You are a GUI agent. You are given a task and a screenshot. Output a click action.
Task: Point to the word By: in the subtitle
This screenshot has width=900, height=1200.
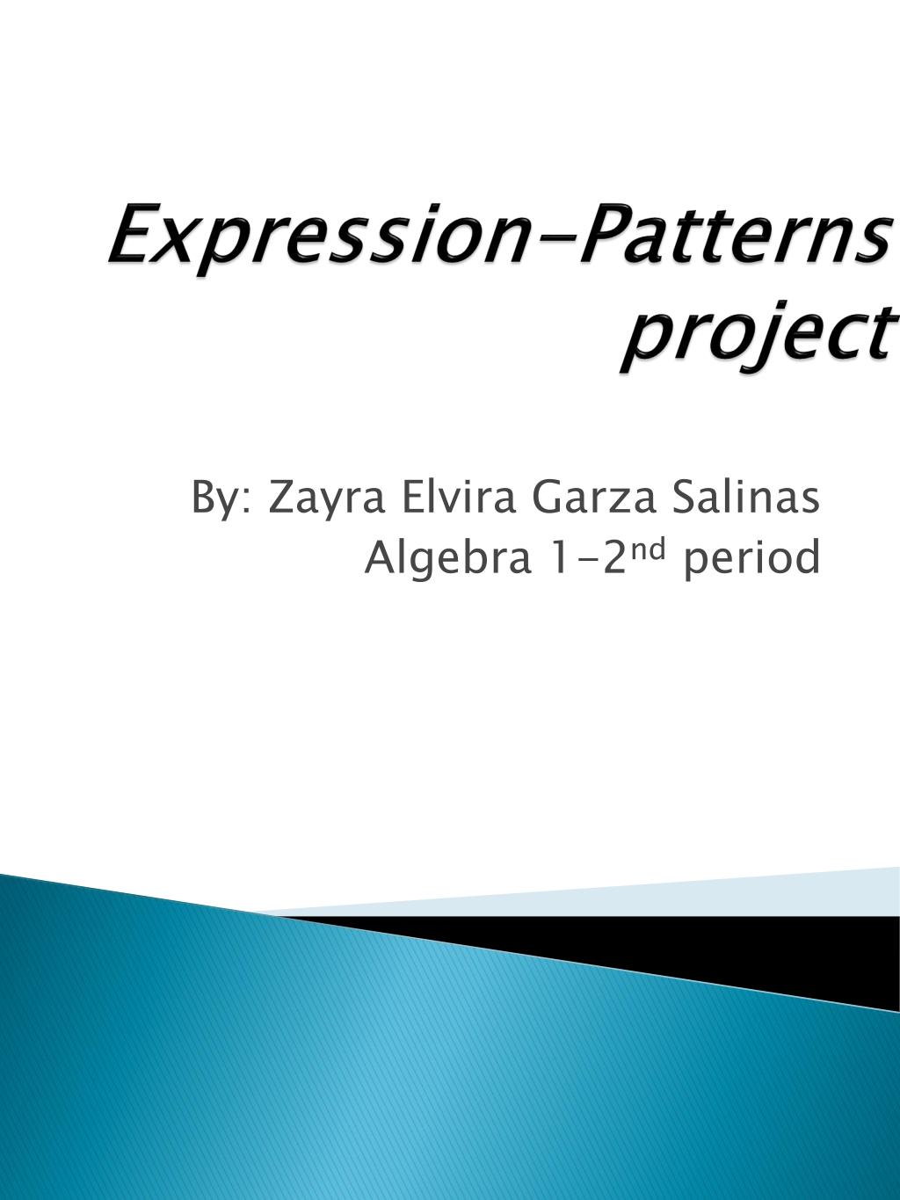pyautogui.click(x=222, y=499)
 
